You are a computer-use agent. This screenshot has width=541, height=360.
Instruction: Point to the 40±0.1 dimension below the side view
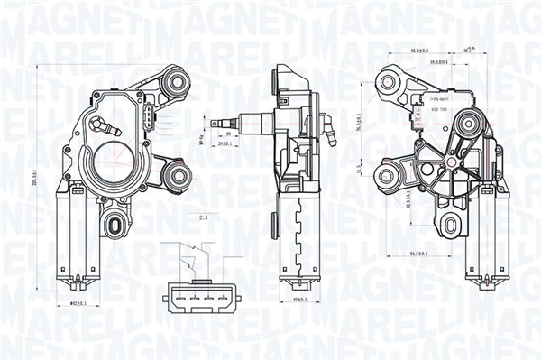pos(301,299)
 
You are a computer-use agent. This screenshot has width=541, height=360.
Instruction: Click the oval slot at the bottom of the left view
pos(115,222)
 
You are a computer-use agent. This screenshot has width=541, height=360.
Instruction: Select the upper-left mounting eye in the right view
pos(389,83)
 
